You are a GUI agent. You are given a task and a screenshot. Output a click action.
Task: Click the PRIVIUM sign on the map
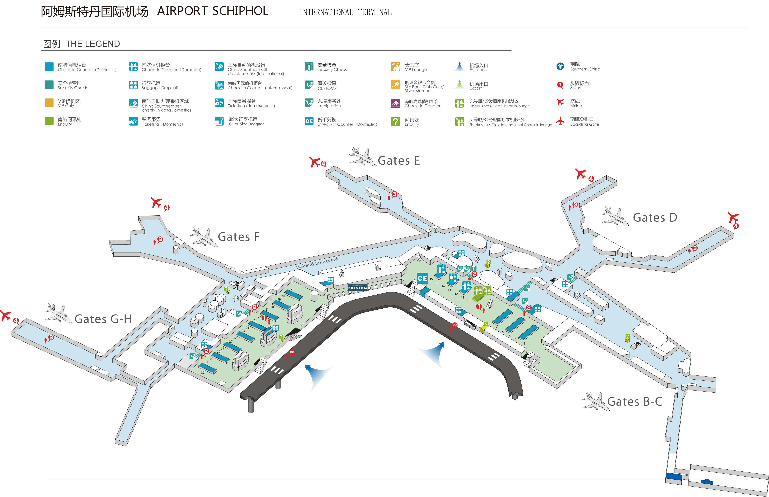357,288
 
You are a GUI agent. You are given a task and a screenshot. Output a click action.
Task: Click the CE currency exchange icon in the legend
309,121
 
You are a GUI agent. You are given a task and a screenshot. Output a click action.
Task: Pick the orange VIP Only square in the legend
49,103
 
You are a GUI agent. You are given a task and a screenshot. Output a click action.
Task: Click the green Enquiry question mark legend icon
395,121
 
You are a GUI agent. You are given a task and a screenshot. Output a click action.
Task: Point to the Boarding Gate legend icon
560,121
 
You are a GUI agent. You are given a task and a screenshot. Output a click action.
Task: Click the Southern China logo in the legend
560,66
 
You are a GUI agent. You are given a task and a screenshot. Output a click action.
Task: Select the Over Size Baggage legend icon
219,121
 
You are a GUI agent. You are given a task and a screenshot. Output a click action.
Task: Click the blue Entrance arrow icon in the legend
459,66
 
